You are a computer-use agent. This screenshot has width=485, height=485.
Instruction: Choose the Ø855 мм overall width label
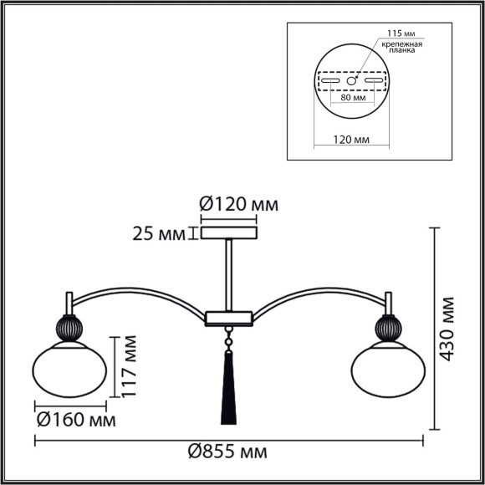tap(227, 452)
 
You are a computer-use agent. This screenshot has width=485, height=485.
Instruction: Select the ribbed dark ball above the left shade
tap(69, 327)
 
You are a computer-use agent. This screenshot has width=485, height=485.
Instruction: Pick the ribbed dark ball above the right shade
tap(388, 327)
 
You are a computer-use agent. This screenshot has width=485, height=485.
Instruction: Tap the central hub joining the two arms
tap(228, 317)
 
